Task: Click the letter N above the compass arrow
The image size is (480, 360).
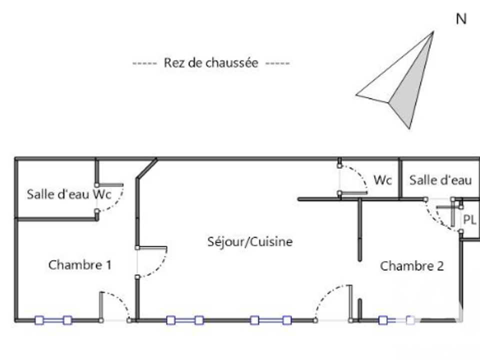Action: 461,19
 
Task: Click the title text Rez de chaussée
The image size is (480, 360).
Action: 211,63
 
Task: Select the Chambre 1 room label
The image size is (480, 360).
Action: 79,265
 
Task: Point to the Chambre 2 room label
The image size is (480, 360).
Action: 411,266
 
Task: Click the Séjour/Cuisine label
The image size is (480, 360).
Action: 250,242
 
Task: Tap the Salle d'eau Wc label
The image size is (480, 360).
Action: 69,194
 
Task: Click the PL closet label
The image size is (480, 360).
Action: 469,220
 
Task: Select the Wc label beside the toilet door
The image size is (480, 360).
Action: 382,180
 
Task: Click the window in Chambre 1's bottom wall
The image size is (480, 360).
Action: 53,320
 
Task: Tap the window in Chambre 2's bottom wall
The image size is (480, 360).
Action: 396,320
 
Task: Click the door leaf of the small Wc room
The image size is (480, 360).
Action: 353,193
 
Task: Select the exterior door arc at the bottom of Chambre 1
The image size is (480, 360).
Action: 120,301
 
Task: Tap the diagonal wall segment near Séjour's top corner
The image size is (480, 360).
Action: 146,168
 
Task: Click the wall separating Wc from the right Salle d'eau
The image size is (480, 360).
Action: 399,179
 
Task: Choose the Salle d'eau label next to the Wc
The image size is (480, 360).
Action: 440,180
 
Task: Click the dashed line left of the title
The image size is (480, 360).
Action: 144,63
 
